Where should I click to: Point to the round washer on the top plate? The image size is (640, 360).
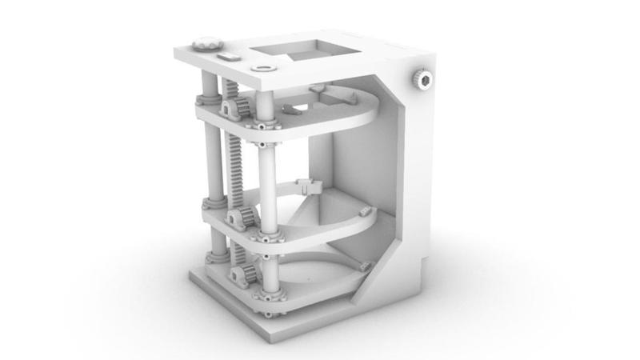[262, 69]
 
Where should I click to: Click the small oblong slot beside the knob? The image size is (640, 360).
[227, 58]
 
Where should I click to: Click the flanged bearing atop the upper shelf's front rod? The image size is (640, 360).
[264, 122]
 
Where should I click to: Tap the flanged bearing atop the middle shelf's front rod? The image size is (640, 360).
[266, 234]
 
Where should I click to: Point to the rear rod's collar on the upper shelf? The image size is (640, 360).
[209, 100]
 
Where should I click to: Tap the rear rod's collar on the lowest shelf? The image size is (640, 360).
[216, 258]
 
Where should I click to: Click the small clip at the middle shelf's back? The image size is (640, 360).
[308, 186]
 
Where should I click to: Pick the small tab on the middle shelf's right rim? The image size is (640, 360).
[366, 212]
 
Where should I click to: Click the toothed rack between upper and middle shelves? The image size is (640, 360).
[238, 168]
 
